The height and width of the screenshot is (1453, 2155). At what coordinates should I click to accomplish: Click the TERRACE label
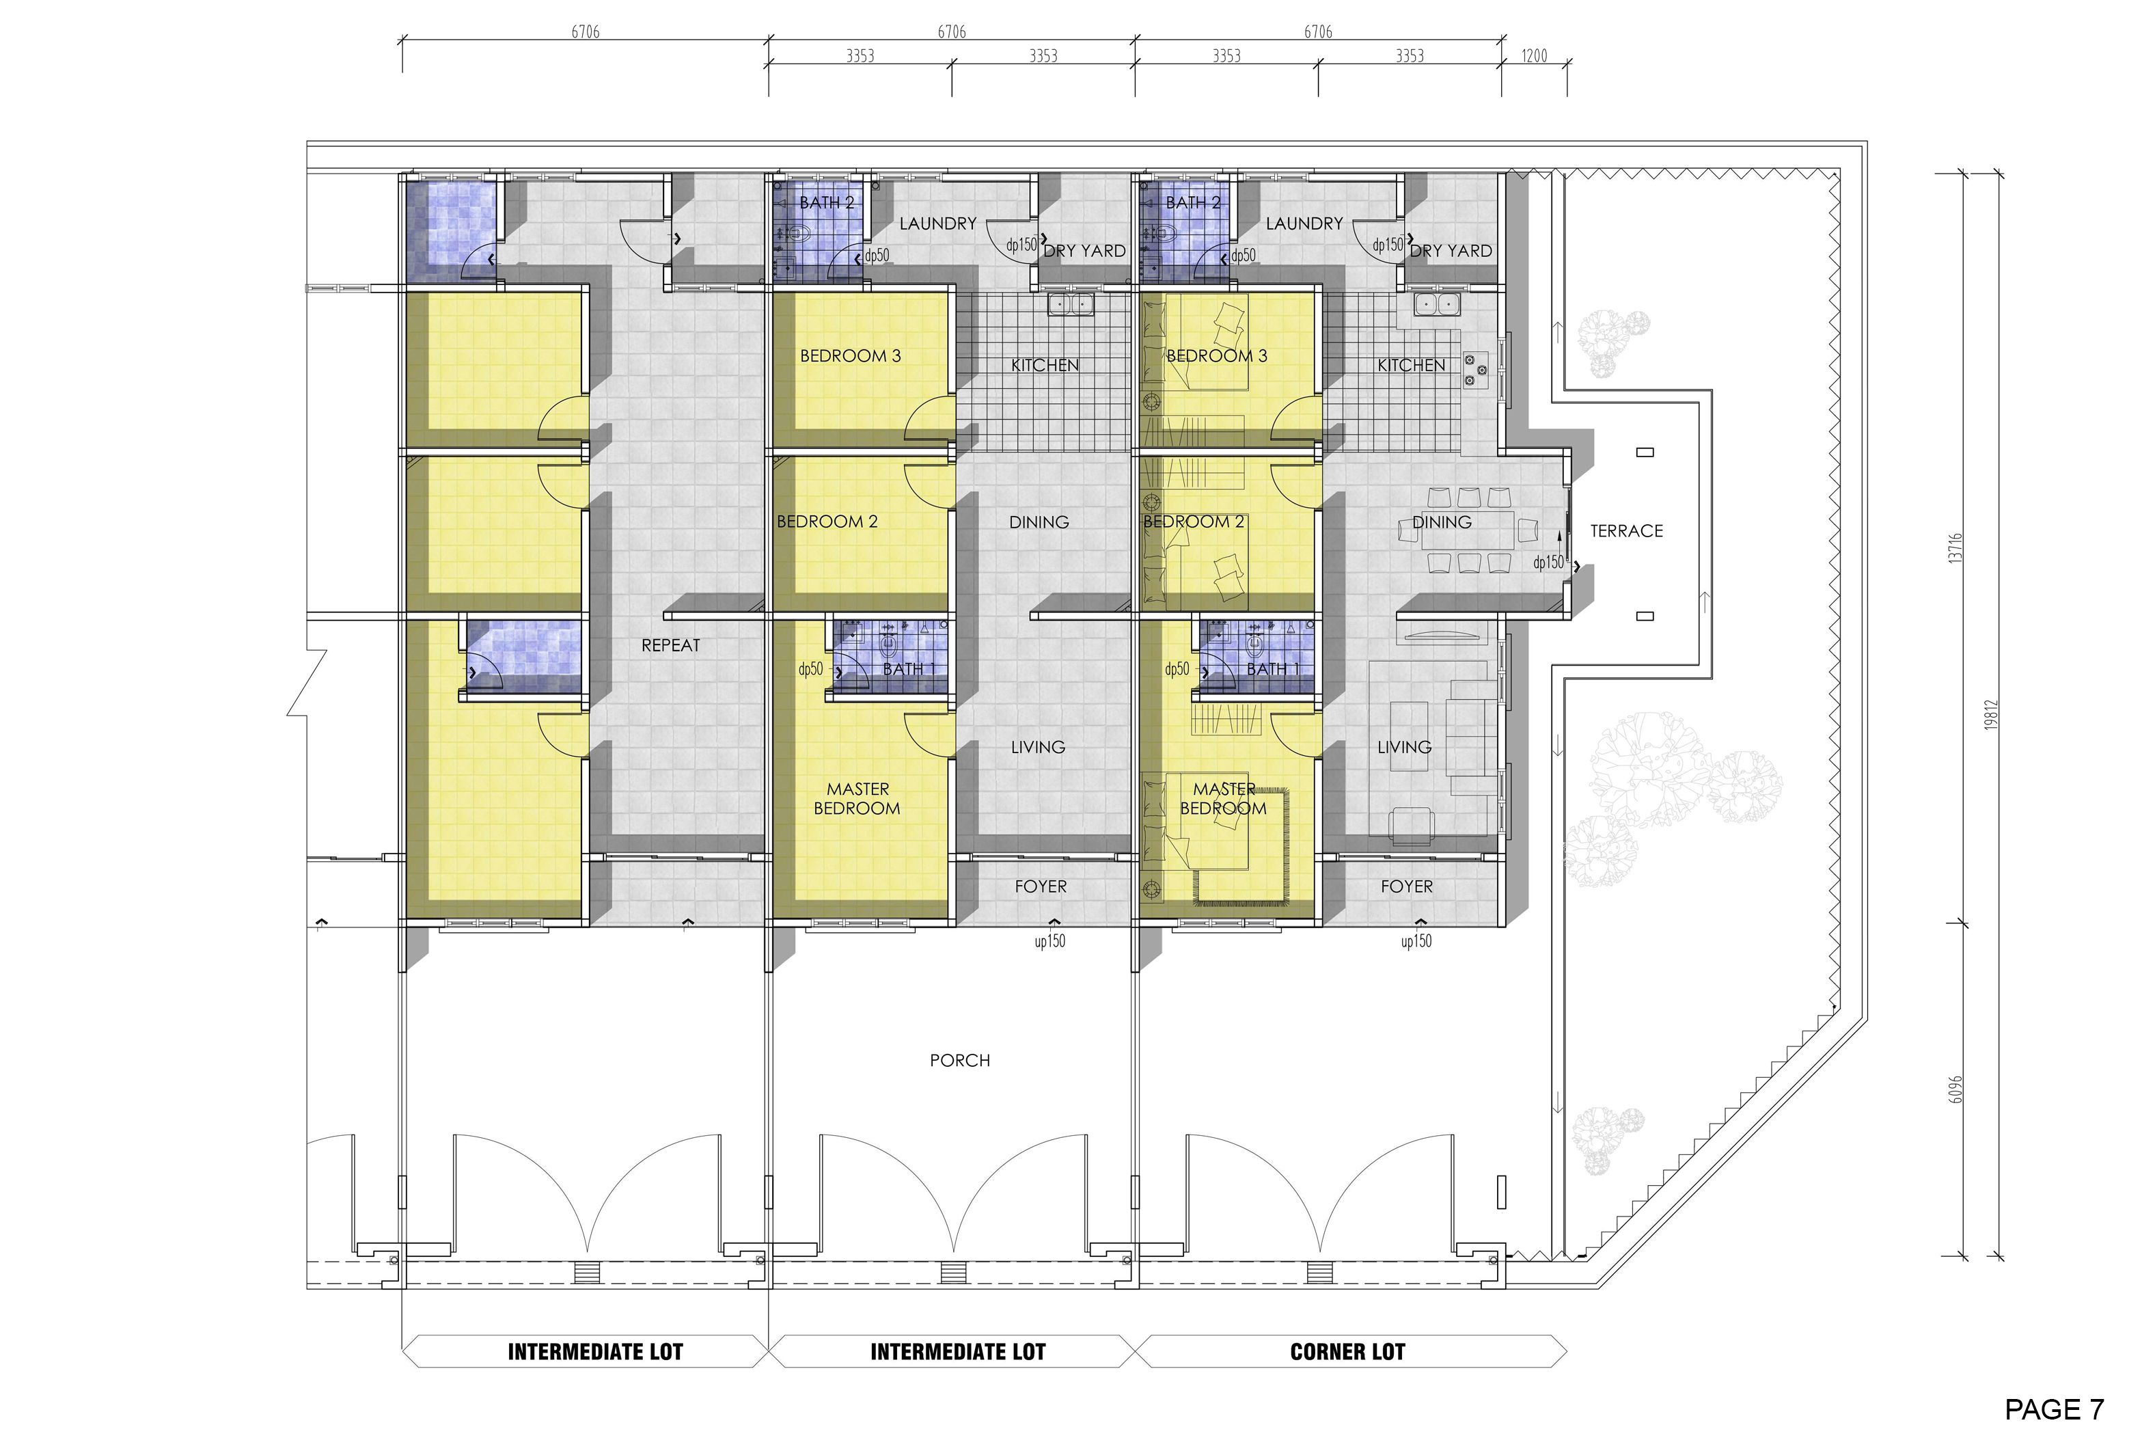[x=1626, y=531]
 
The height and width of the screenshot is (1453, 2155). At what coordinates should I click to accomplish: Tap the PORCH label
[x=960, y=1060]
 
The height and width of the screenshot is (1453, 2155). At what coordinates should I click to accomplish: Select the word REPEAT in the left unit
[x=671, y=645]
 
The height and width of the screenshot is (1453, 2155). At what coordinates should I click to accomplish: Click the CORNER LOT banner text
[x=1347, y=1352]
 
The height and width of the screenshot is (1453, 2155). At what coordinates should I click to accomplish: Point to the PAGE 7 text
[x=2054, y=1409]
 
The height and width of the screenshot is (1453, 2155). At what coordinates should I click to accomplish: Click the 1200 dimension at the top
[x=1534, y=55]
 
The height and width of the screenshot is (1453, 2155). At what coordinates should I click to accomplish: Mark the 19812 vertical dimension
[x=1991, y=714]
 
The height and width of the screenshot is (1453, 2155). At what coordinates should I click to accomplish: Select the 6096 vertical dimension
[x=1955, y=1089]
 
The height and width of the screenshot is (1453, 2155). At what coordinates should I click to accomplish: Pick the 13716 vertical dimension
[x=1955, y=547]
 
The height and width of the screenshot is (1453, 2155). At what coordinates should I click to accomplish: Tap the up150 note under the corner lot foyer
[x=1416, y=942]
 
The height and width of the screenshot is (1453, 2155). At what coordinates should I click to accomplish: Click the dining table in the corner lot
[x=1468, y=530]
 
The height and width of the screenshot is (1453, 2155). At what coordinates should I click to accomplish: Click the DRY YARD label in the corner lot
[x=1451, y=251]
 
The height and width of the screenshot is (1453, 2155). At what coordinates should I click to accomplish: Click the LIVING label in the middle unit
[x=1038, y=747]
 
